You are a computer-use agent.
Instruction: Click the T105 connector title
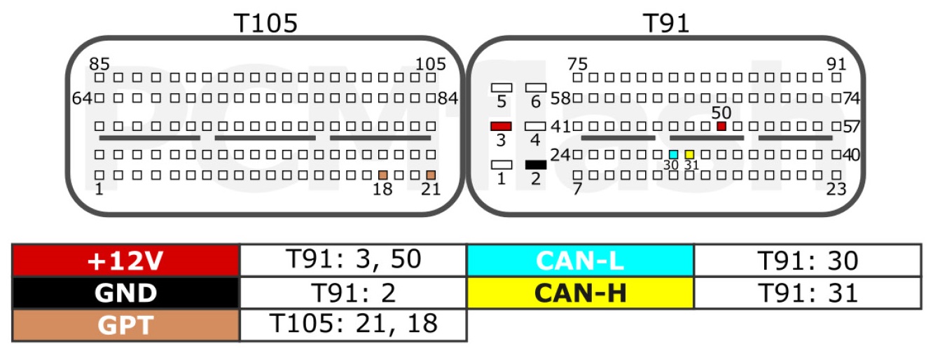point(265,23)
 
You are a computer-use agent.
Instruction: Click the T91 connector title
point(666,23)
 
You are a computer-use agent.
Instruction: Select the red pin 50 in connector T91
point(721,126)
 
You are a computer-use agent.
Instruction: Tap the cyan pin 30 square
point(674,155)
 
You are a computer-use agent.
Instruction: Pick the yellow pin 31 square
point(690,155)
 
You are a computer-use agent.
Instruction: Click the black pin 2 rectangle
point(536,165)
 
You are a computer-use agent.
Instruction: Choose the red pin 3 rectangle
point(501,126)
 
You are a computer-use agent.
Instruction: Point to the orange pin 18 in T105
point(382,175)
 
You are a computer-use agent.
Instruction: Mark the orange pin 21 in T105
point(431,175)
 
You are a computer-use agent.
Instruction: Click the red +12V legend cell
point(126,261)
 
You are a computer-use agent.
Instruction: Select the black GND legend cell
point(126,293)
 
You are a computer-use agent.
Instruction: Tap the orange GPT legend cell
point(126,325)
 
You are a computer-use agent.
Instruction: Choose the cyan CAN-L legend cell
point(580,261)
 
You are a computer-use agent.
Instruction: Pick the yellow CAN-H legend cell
point(580,293)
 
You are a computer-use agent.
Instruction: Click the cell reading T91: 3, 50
point(353,261)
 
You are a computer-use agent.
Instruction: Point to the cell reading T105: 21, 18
point(353,325)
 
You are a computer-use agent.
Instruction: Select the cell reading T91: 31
point(808,293)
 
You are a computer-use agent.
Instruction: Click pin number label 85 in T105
point(99,64)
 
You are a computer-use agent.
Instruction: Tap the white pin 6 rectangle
point(536,88)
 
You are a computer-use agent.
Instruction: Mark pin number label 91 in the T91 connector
point(836,64)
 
